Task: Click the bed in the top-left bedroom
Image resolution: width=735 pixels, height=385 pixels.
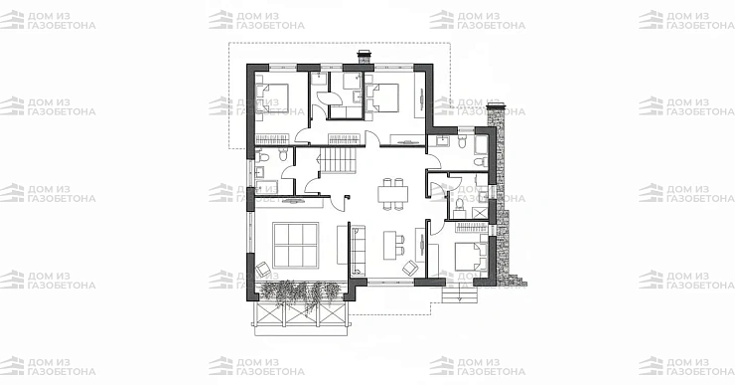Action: tap(272, 97)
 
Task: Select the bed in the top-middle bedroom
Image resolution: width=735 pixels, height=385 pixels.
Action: tap(382, 98)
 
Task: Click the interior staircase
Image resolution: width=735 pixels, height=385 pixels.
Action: tap(338, 159)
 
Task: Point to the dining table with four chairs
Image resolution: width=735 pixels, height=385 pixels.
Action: tap(392, 193)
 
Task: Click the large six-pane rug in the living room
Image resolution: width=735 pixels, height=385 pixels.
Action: tap(295, 245)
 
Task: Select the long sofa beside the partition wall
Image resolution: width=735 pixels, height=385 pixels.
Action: tap(359, 251)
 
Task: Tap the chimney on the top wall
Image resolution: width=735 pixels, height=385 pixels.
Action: tap(365, 58)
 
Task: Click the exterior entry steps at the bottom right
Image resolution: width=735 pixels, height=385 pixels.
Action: tap(460, 294)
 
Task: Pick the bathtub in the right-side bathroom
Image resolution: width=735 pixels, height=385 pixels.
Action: tap(481, 144)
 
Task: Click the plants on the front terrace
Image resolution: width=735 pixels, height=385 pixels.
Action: tap(300, 292)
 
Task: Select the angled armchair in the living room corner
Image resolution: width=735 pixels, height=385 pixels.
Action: tap(263, 269)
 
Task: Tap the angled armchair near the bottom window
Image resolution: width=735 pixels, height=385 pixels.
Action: tap(410, 268)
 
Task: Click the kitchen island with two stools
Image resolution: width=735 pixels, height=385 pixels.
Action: tap(393, 245)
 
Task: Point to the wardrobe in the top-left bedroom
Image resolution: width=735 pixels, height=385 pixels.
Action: tap(272, 139)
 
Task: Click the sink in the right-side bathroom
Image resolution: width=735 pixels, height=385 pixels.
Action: tap(442, 140)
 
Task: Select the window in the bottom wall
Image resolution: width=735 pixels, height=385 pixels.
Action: tap(390, 283)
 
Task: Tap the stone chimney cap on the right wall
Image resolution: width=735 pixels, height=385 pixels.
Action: tap(495, 106)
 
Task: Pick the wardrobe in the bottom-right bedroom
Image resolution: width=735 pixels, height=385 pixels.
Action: tap(472, 228)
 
